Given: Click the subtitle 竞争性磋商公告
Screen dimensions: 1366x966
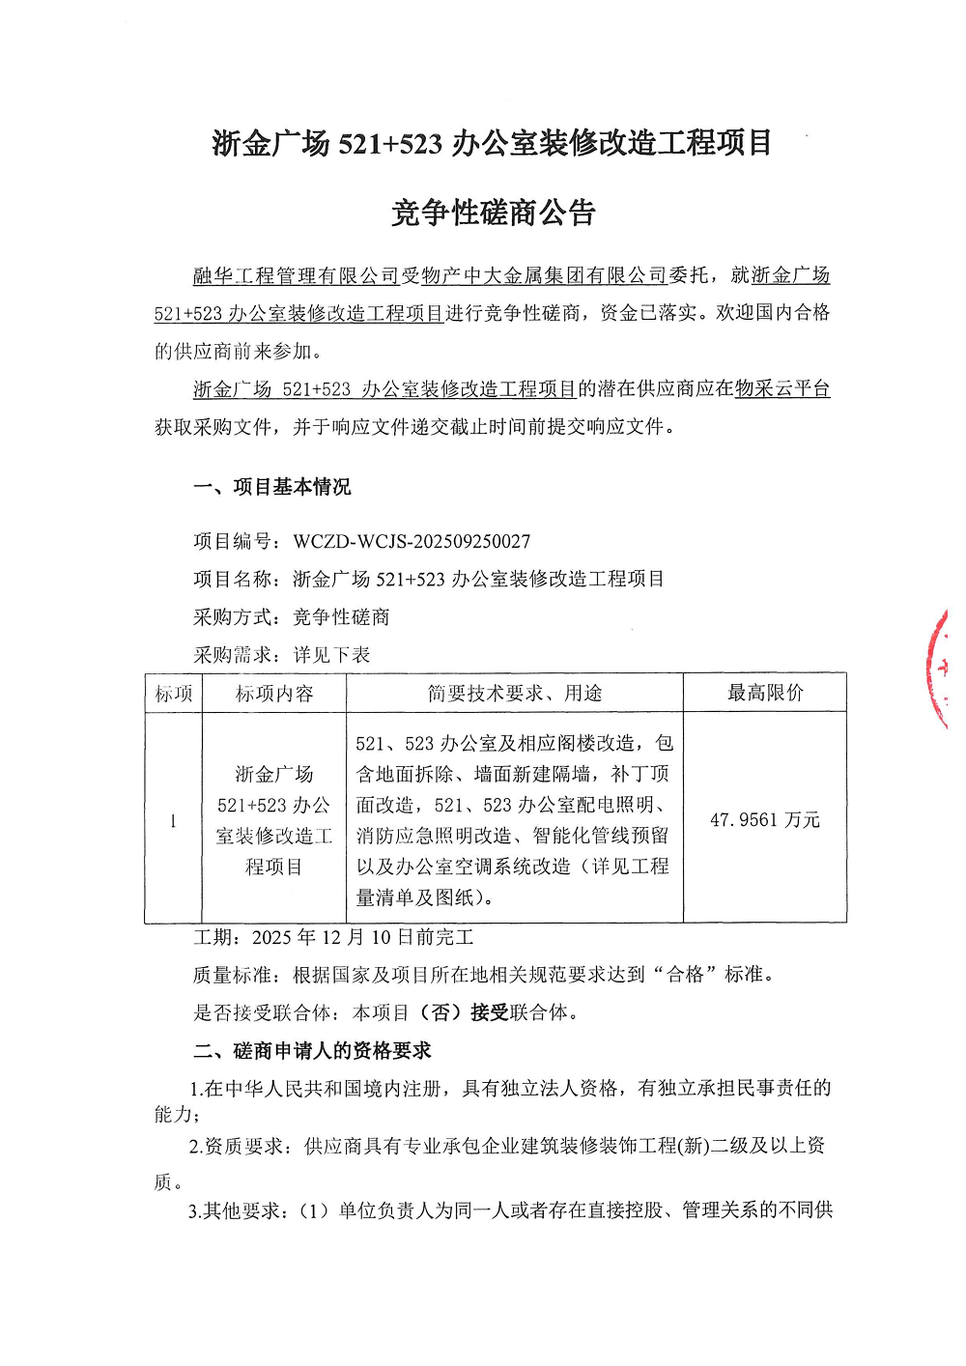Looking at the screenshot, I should [x=493, y=213].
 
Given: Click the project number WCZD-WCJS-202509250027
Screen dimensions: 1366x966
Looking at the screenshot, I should [x=412, y=541].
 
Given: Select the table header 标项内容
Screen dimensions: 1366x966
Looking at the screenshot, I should [x=274, y=694].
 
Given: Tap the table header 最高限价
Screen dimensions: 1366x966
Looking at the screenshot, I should [x=765, y=693].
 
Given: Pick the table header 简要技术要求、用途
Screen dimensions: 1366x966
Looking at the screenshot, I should [x=515, y=694].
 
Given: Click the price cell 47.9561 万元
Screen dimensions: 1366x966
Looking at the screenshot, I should [x=765, y=820].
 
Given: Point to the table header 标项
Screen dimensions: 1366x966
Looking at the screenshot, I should [x=174, y=694].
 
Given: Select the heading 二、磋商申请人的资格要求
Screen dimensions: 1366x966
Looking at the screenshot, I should [x=312, y=1051].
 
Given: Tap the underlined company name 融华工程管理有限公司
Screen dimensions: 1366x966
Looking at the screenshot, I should [x=297, y=276].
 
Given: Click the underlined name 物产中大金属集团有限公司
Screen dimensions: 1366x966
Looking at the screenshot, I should [x=545, y=276].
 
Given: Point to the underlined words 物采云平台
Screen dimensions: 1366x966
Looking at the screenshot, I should [x=782, y=389].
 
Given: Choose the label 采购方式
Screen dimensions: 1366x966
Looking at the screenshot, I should [x=232, y=617].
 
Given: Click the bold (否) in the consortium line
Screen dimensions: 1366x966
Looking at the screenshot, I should [x=440, y=1012].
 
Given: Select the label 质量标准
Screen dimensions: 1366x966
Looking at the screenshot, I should [x=232, y=975].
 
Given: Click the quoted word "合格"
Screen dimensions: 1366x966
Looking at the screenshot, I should [x=686, y=975].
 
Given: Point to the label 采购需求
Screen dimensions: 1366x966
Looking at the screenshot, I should [x=232, y=655].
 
